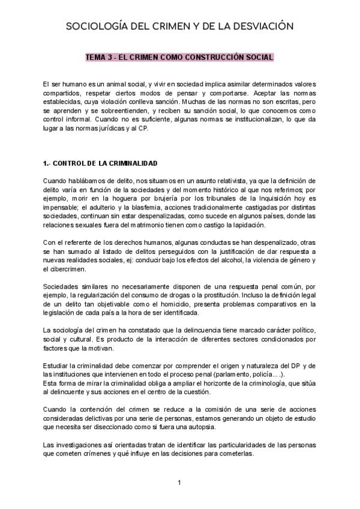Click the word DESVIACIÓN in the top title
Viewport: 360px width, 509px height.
(262, 26)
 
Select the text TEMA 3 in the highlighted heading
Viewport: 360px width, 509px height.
(100, 58)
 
